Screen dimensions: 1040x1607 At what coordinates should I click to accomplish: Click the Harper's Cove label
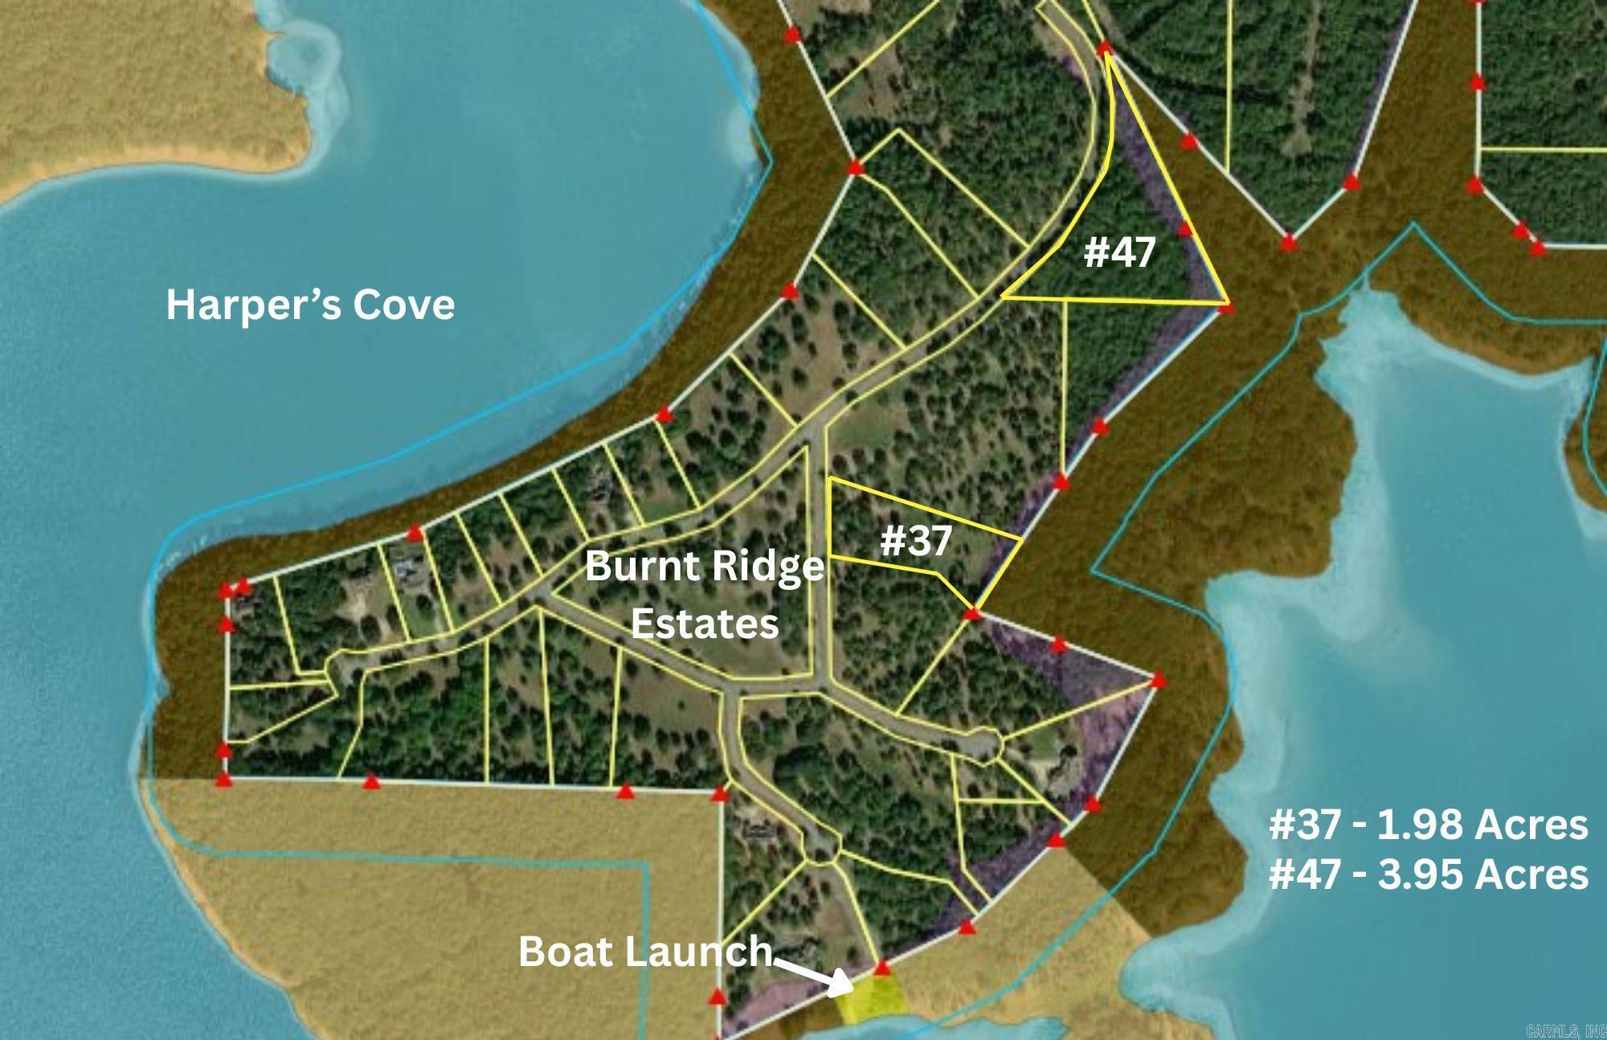coord(310,305)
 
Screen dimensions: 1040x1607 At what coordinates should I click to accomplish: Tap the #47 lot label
coord(1119,252)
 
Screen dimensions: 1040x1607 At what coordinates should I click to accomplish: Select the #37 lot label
coord(916,541)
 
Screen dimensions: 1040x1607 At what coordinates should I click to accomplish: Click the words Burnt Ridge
coord(704,567)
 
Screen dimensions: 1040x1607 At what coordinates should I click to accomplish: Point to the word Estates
coord(704,623)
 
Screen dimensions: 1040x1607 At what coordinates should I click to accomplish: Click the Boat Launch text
coord(644,952)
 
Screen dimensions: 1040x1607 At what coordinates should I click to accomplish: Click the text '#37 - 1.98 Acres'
coord(1428,825)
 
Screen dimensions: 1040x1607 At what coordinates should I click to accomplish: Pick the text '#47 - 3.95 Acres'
coord(1428,874)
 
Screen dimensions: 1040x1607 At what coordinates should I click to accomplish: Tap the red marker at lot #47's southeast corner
coord(1226,305)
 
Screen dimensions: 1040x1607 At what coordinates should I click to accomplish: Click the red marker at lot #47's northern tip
coord(1106,47)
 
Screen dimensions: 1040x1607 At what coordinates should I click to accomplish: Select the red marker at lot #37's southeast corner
coord(972,614)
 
